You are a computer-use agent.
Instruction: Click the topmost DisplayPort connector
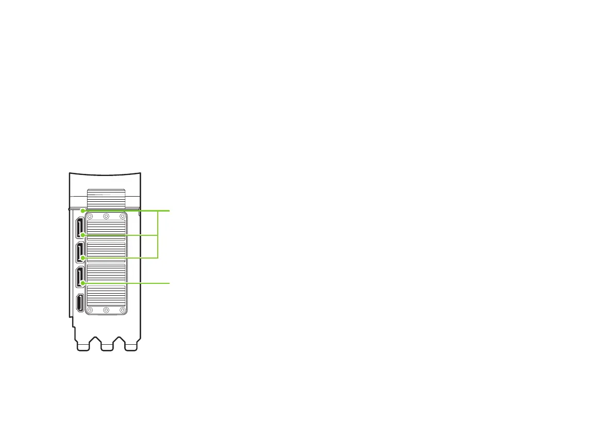[x=80, y=228]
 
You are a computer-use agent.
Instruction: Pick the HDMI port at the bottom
[x=80, y=302]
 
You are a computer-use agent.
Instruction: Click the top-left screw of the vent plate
[x=90, y=217]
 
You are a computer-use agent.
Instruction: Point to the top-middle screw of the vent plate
[x=106, y=217]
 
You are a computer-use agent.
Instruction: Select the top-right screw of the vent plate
[x=122, y=217]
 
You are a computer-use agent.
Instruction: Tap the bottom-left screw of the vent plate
[x=90, y=310]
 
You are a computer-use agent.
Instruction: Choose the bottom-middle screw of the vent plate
[x=106, y=310]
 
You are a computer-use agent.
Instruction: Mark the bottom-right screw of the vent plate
[x=122, y=310]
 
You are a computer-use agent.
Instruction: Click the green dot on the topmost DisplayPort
[x=82, y=236]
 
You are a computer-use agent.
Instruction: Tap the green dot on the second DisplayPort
[x=82, y=258]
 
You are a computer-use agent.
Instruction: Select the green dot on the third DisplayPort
[x=82, y=283]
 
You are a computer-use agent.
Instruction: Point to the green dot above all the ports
[x=82, y=211]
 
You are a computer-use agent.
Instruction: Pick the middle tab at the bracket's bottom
[x=106, y=346]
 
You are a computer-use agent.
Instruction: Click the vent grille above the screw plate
[x=106, y=199]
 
